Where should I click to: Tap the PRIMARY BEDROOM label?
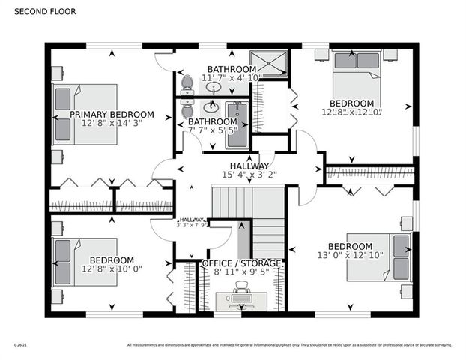point(112,115)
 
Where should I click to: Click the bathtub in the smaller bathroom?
point(237,124)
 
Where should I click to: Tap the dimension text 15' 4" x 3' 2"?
point(249,175)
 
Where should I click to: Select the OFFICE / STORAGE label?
point(242,263)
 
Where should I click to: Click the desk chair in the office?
point(241,286)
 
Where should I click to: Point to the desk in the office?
point(241,300)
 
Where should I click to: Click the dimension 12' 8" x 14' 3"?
point(112,124)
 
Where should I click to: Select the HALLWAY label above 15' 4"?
point(249,166)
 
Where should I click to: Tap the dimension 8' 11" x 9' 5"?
point(242,273)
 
